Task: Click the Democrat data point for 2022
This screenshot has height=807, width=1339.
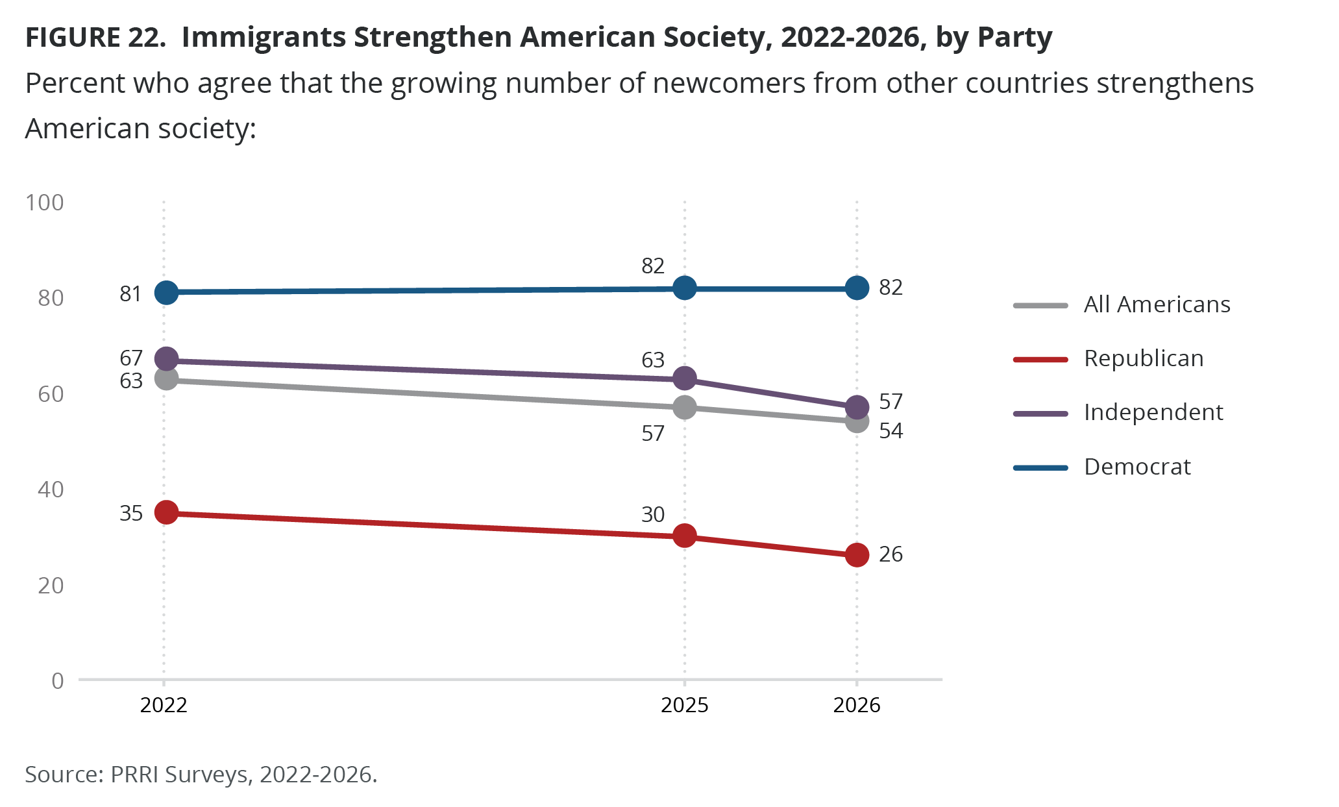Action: (166, 293)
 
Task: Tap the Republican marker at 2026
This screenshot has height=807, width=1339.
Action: (857, 555)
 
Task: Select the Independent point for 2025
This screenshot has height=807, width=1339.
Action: (684, 378)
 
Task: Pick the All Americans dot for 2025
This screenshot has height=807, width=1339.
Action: (684, 408)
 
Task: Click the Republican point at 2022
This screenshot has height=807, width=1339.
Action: (166, 512)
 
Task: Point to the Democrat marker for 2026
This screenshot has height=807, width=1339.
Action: (857, 288)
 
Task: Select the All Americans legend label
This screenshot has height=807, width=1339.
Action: (1157, 304)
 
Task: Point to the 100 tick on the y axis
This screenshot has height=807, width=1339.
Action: (45, 203)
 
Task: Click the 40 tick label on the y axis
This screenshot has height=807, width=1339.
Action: (51, 490)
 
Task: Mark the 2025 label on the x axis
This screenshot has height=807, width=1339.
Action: (684, 705)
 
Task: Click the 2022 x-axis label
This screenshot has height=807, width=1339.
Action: (164, 705)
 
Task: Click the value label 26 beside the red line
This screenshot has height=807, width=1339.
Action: (891, 554)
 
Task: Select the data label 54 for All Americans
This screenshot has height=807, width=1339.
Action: (891, 431)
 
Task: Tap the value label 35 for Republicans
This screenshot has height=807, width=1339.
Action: (131, 514)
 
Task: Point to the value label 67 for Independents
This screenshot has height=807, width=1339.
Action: (131, 358)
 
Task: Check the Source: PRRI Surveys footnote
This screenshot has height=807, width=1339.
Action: (201, 775)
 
